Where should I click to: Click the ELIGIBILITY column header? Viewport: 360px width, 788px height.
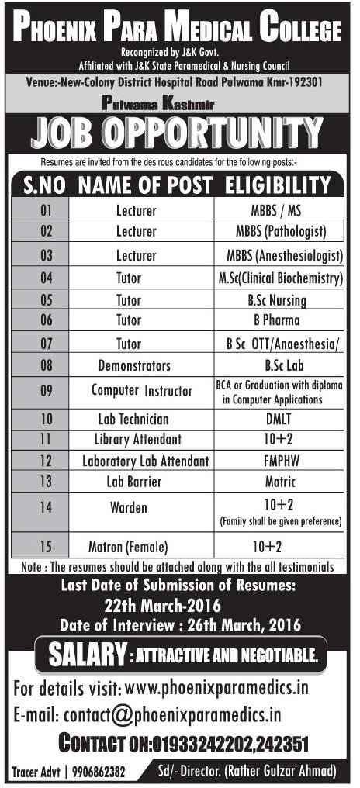[278, 186]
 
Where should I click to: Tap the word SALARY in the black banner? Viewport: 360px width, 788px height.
[84, 656]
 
